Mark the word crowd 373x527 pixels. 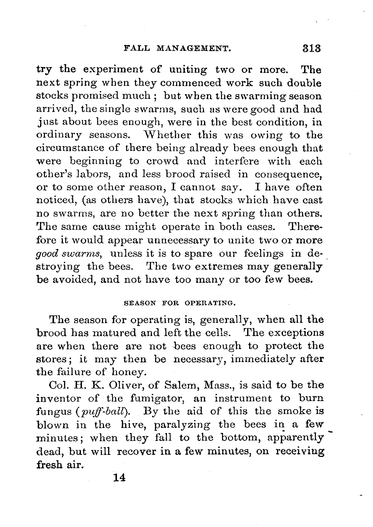click(162, 161)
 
